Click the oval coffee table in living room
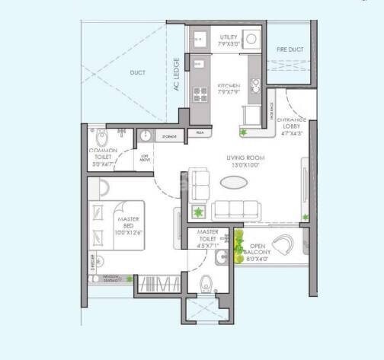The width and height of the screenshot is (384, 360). (234, 183)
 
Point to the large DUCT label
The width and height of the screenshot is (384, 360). (138, 73)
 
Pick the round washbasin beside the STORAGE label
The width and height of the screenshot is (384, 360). (146, 137)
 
